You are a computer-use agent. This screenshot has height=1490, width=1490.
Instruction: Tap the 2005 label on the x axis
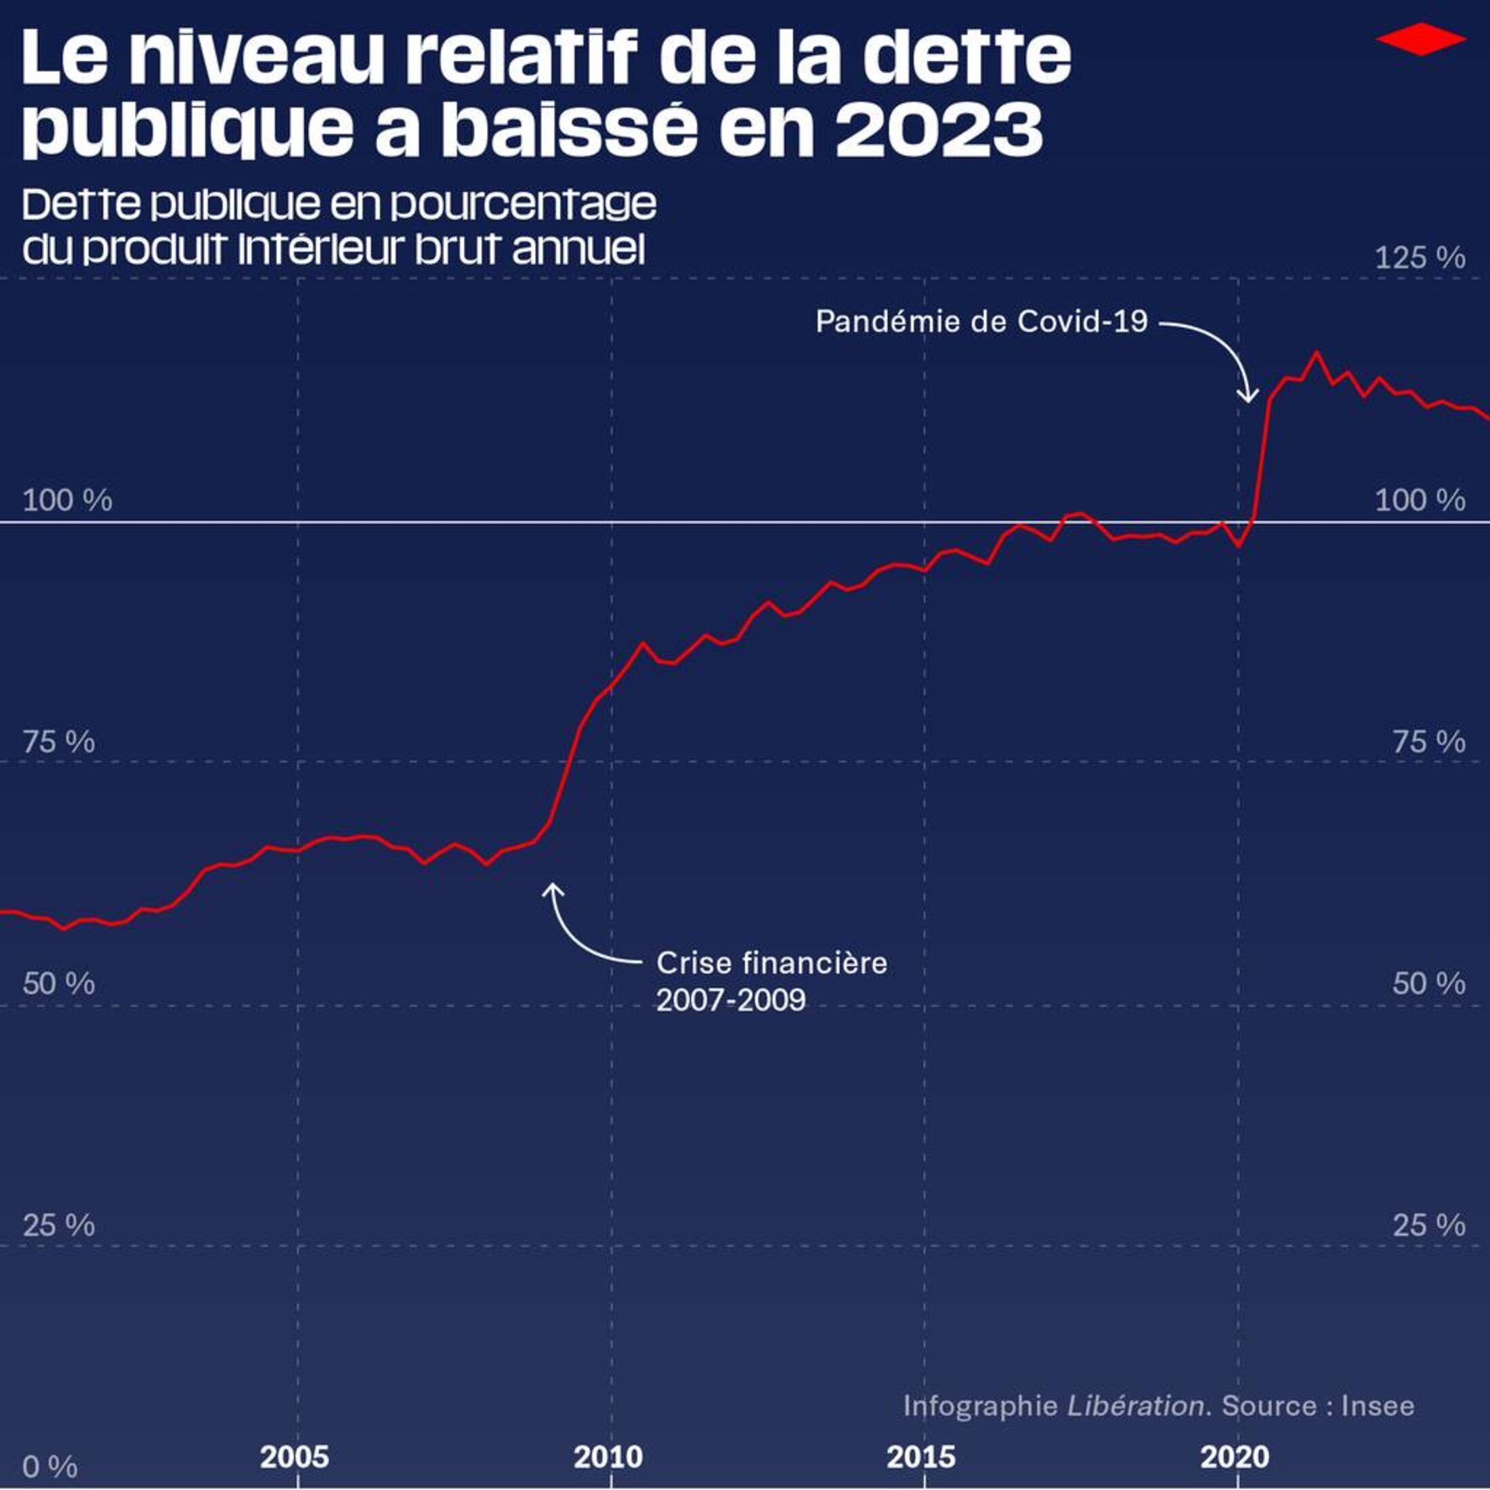click(x=295, y=1457)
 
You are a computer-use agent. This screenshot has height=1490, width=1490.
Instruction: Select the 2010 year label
click(x=608, y=1457)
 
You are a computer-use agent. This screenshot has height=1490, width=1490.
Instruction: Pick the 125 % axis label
click(x=1420, y=257)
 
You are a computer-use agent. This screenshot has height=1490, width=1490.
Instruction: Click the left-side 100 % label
click(x=67, y=501)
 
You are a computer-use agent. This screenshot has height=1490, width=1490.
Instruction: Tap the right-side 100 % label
click(x=1420, y=501)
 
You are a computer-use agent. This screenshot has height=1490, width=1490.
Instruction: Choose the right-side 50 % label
click(x=1428, y=983)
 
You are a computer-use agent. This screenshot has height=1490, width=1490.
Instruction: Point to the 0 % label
click(x=49, y=1466)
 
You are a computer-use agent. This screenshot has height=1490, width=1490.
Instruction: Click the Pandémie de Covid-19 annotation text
click(x=981, y=322)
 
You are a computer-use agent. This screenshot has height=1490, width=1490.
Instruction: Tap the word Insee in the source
click(x=1378, y=1405)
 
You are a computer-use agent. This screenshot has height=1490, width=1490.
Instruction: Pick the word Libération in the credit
click(x=1135, y=1405)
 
